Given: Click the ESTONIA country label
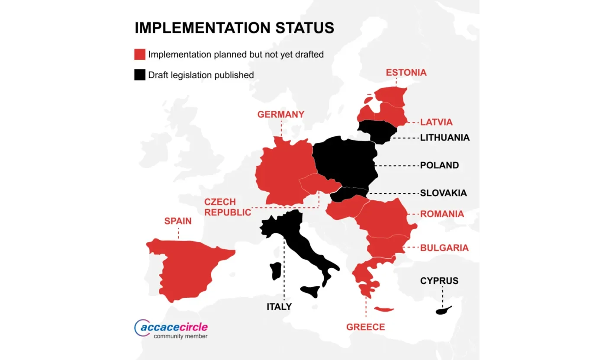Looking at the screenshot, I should [406, 72].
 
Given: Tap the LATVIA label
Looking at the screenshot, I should [436, 122].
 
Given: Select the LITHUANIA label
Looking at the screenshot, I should [444, 138].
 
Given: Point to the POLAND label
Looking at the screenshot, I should [439, 165].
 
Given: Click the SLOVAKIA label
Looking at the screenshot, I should [443, 193].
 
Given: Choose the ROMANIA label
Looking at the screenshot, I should [442, 214].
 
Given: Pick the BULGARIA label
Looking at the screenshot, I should [444, 247].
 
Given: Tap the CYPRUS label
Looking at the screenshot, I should [439, 281].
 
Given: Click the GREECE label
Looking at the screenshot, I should [365, 327].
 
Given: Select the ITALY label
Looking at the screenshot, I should [279, 307].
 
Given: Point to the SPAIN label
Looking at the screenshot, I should [177, 221].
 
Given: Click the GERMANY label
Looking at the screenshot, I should [280, 115].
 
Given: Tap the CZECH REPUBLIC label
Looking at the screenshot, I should [227, 207].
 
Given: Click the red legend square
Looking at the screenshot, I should [139, 55].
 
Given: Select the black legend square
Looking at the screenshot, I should [139, 75].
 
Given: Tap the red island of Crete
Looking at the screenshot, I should [383, 309].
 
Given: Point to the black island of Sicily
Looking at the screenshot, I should [311, 291].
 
